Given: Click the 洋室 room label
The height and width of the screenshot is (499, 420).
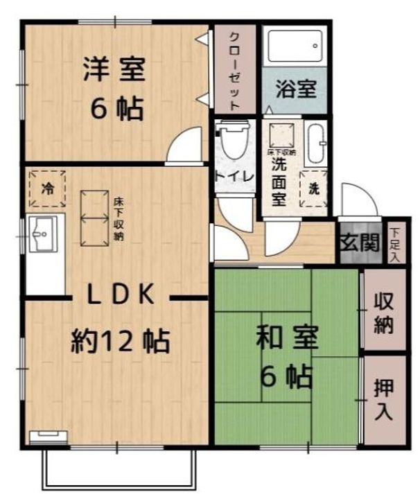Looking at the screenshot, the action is tap(114, 69).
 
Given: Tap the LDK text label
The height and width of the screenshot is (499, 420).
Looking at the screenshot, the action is tap(121, 294).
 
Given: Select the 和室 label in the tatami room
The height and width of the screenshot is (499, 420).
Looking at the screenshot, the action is tap(287, 338).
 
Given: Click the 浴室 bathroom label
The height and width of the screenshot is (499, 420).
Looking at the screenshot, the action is tap(296, 89).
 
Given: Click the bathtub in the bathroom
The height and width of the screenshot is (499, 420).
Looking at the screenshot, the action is tap(295, 46).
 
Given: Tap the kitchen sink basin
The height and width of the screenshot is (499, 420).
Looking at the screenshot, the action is tap(43, 234).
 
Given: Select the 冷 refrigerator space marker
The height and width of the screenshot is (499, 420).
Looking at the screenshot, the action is tap(47, 189).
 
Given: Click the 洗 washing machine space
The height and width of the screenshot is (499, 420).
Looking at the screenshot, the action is tap(314, 189).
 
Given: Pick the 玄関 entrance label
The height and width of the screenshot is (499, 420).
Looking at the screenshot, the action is tap(361, 243).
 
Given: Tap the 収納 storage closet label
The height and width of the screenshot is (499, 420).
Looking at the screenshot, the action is tap(384, 313).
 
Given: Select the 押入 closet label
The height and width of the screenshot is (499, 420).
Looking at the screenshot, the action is tap(384, 399).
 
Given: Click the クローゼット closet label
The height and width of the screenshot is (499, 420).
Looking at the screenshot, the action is tap(234, 71).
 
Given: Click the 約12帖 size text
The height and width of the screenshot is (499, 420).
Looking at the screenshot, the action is tap(120, 342).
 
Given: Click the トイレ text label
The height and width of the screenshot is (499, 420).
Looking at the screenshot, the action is tap(234, 177).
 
